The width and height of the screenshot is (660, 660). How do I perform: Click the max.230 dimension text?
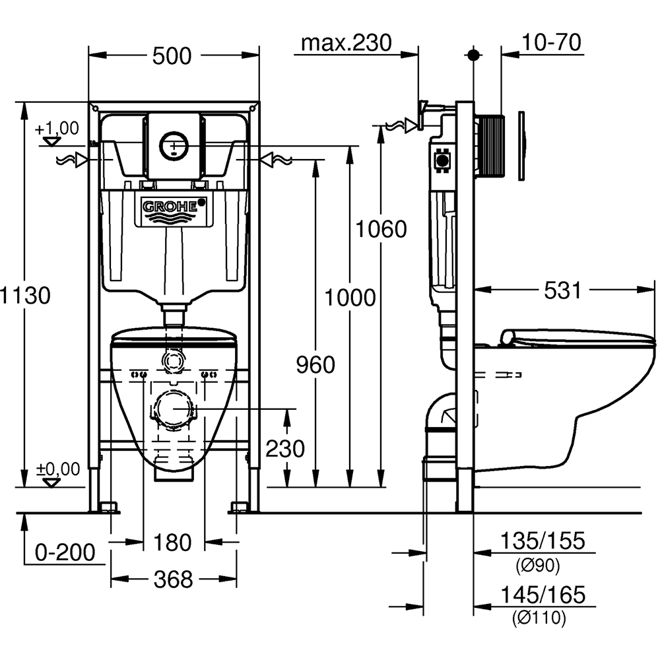[346, 44]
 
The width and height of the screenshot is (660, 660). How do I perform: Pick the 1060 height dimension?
[381, 229]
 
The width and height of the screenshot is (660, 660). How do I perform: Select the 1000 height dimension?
[349, 298]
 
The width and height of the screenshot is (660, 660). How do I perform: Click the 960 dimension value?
[315, 364]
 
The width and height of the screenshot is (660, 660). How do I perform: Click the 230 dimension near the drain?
[285, 449]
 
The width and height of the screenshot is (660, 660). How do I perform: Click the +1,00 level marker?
[57, 128]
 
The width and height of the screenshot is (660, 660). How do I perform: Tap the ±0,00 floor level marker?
[57, 469]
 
